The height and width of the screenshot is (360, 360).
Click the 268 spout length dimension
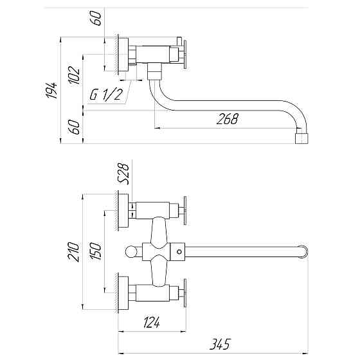tap(228, 119)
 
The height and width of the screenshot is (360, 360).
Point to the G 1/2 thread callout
tap(106, 94)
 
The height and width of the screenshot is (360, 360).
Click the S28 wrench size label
tap(125, 174)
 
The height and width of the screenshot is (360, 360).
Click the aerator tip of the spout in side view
tap(302, 138)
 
